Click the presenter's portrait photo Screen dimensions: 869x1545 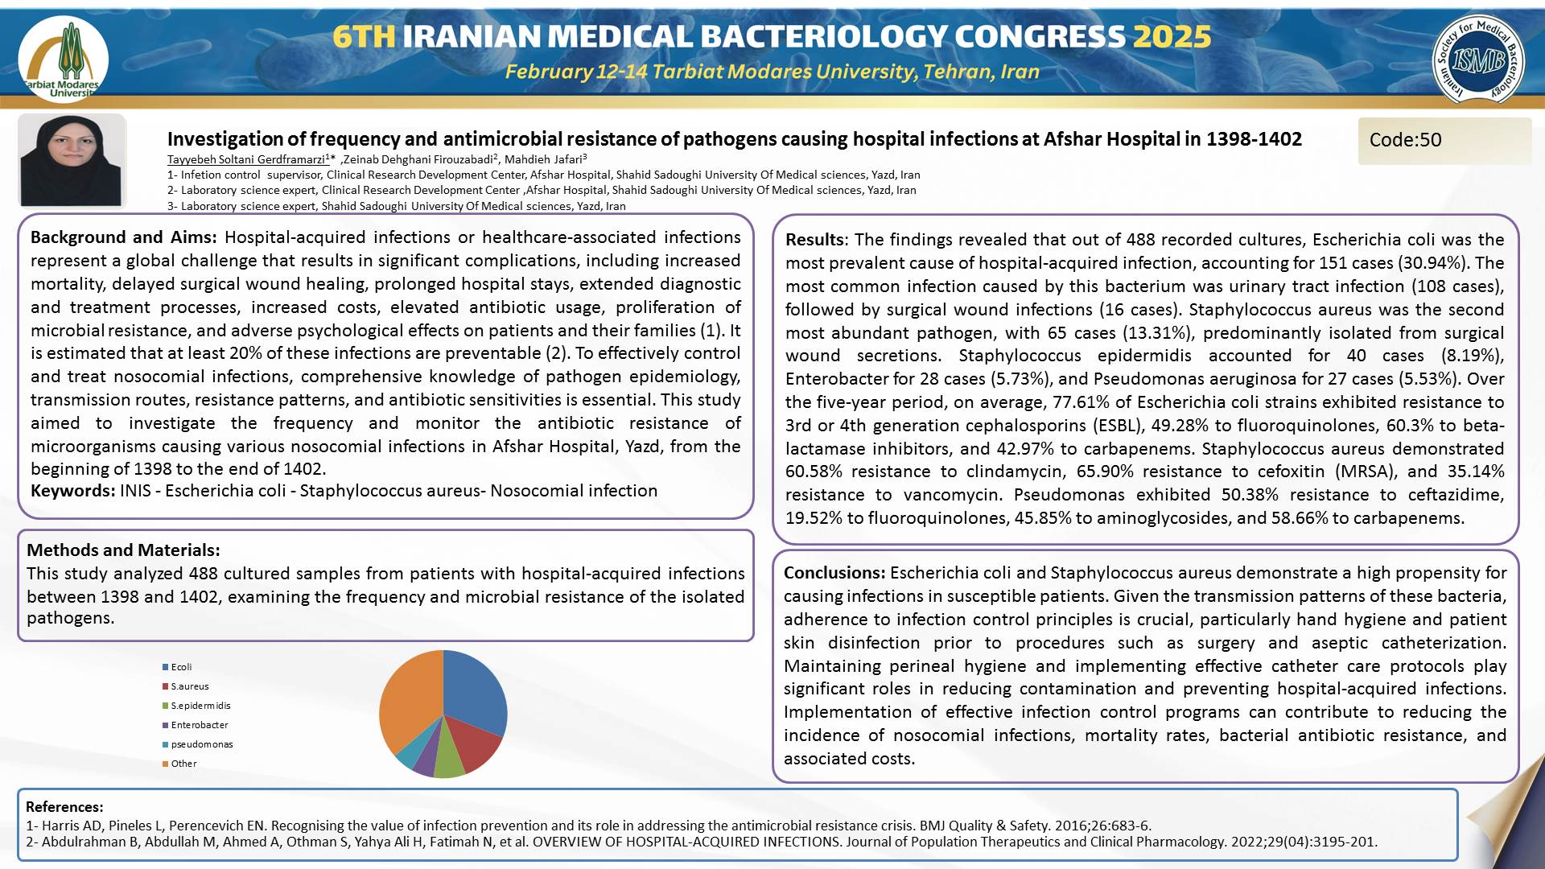[72, 160]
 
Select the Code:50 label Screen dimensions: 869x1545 [1405, 140]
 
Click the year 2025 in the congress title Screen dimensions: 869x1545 [1172, 37]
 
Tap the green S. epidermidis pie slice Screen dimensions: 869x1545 [449, 762]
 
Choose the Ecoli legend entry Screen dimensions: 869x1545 [181, 667]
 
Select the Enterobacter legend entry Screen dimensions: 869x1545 [199, 725]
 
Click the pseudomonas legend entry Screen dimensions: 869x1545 [201, 744]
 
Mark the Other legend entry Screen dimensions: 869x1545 [183, 764]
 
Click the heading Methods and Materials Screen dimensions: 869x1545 [123, 550]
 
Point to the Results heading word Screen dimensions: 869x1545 [814, 240]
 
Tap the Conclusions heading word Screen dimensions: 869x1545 [834, 573]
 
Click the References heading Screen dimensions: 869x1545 [64, 807]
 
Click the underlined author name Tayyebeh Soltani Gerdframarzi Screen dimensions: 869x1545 [246, 159]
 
